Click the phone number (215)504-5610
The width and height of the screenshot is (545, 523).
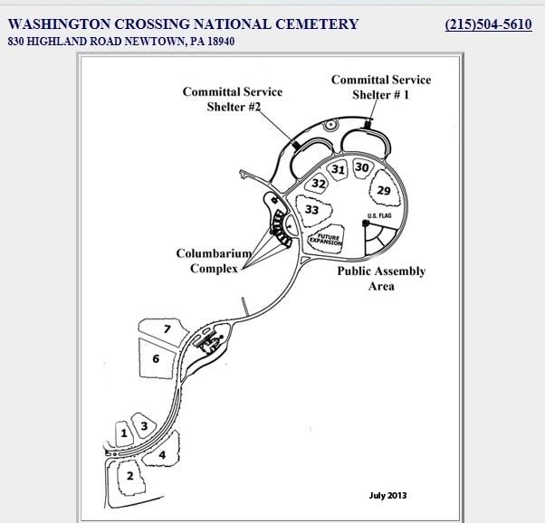click(488, 24)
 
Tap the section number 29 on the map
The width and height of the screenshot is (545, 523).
click(384, 190)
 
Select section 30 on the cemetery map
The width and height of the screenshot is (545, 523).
click(361, 167)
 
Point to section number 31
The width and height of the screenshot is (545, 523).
click(338, 169)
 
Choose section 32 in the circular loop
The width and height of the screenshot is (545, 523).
click(319, 183)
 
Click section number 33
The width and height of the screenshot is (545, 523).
click(311, 210)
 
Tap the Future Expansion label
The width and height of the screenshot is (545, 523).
click(327, 240)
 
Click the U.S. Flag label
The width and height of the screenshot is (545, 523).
click(379, 215)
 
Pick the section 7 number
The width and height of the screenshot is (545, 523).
click(167, 328)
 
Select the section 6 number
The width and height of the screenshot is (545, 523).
click(156, 358)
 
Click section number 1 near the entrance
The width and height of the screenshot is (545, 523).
click(124, 433)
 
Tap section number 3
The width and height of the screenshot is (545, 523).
click(144, 425)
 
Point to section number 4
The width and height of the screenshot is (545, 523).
click(162, 454)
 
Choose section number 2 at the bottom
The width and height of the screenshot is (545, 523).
click(130, 475)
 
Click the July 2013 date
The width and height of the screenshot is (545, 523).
click(387, 495)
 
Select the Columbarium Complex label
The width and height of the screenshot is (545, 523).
click(214, 261)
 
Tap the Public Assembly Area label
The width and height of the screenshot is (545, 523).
click(381, 279)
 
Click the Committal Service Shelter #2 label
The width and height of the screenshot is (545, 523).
click(233, 99)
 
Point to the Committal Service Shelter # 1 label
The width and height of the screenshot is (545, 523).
click(381, 87)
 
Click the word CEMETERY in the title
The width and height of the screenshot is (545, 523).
click(317, 24)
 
